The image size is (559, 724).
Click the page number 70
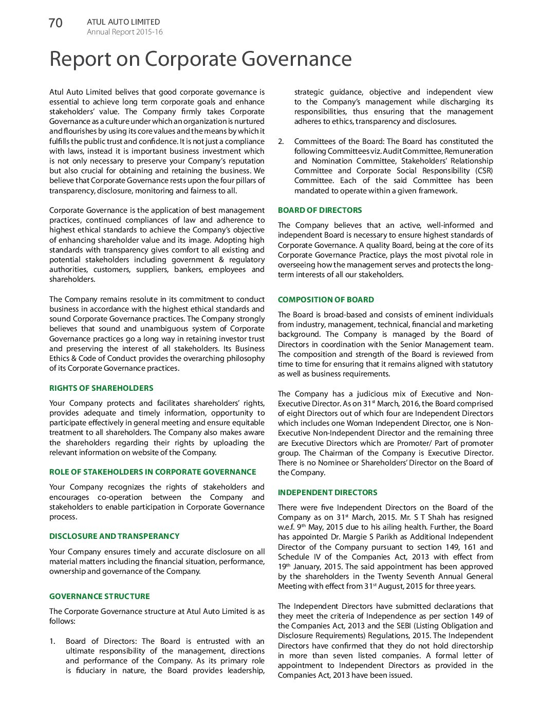(55, 23)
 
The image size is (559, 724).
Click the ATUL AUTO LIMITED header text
(123, 22)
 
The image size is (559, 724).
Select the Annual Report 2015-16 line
(124, 32)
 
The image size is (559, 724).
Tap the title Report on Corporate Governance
(200, 59)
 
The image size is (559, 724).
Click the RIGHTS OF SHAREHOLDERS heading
(101, 388)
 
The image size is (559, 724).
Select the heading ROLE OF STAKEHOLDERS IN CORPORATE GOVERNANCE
(153, 472)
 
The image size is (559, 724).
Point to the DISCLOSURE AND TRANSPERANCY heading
(114, 536)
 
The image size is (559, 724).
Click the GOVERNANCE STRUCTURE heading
(100, 596)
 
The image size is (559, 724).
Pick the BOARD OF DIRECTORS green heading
(320, 210)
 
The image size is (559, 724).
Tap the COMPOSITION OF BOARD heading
(326, 300)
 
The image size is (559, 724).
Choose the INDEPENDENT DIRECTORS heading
(327, 493)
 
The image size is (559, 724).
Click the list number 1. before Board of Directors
(52, 641)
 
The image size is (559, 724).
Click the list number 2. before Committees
(281, 141)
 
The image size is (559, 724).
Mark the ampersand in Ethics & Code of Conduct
(74, 358)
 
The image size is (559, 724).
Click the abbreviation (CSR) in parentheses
(483, 171)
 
